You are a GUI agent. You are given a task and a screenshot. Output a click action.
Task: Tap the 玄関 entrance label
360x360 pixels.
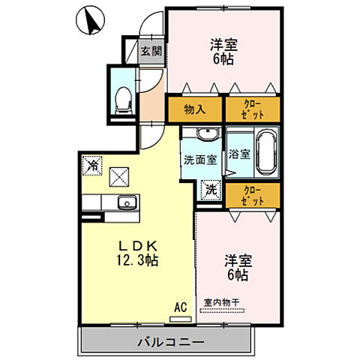click(x=151, y=52)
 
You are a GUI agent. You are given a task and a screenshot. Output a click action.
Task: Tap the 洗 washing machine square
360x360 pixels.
click(x=211, y=190)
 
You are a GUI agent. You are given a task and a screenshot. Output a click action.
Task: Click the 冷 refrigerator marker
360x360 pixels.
click(x=91, y=163)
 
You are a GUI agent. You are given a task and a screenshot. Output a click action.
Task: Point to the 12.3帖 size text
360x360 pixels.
click(x=136, y=260)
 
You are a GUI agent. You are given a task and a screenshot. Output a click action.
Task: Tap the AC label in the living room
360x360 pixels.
click(x=180, y=306)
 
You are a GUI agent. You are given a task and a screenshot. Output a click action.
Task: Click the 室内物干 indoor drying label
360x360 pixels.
click(x=221, y=302)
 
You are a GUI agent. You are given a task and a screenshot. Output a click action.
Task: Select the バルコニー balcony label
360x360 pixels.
click(x=170, y=343)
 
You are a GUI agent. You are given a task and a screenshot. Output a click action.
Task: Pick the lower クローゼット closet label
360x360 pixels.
click(x=253, y=196)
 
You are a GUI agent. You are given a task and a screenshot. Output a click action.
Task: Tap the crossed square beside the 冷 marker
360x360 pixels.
click(x=119, y=177)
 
